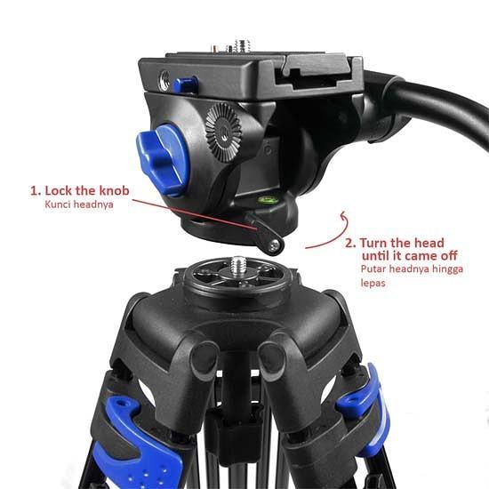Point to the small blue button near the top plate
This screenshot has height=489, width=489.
[x=185, y=85]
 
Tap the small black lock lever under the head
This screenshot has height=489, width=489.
[x=267, y=236]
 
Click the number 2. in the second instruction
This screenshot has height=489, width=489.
[x=350, y=241]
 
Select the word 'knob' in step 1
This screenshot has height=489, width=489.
[x=124, y=190]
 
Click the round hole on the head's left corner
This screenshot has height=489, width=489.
[x=164, y=79]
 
